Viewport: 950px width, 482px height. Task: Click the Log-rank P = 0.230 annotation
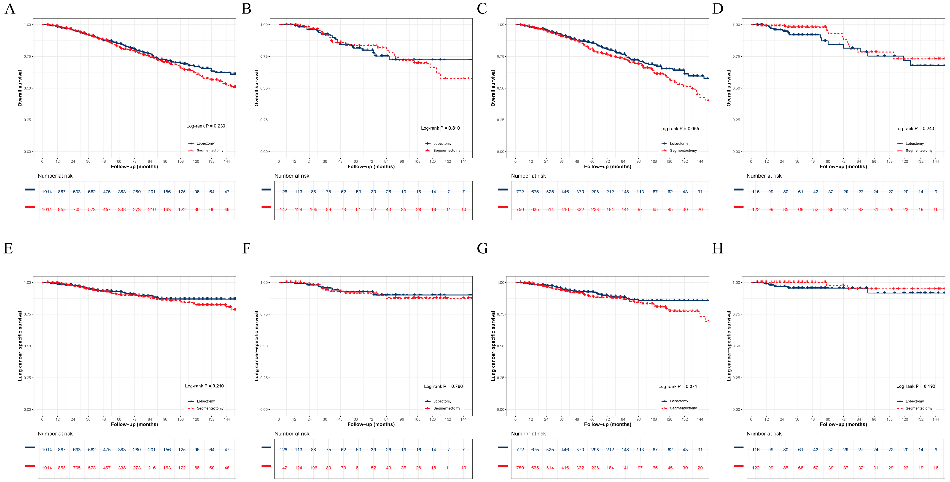click(x=205, y=126)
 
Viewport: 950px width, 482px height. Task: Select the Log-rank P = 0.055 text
click(x=679, y=129)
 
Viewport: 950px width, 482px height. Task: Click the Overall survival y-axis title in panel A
click(x=20, y=89)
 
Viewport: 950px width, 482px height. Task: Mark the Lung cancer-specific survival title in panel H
click(x=729, y=346)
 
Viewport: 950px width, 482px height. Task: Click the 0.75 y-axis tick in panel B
click(x=264, y=57)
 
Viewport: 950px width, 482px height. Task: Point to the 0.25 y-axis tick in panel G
click(x=501, y=378)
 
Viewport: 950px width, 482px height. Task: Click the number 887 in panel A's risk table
click(x=62, y=192)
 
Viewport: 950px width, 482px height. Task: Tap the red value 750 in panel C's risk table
click(x=520, y=210)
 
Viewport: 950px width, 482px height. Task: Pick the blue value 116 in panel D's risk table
click(x=756, y=192)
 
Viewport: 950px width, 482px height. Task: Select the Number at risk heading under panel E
click(x=55, y=434)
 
